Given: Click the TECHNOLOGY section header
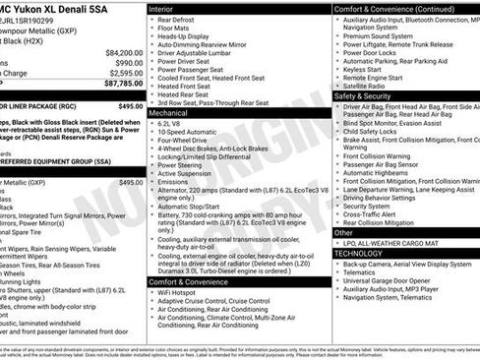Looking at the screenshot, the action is click(x=365, y=253).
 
